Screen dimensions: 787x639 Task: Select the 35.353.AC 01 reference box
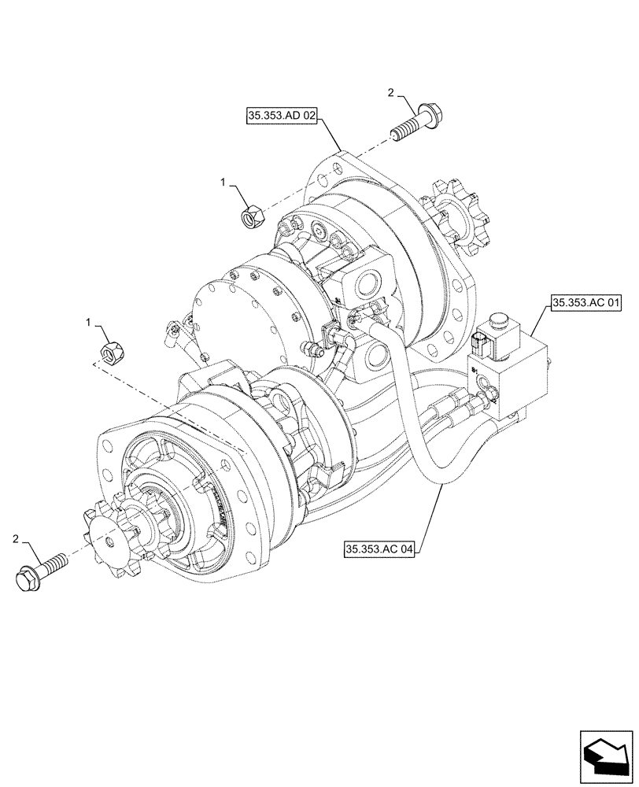coord(586,301)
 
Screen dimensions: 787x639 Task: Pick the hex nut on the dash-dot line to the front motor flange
coord(111,349)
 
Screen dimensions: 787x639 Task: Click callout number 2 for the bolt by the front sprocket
coord(15,538)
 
